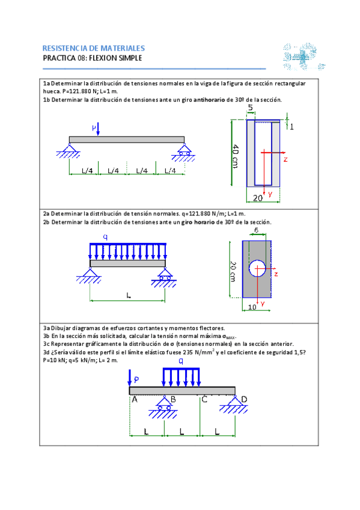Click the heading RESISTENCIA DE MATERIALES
coord(94,49)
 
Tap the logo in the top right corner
coord(304,57)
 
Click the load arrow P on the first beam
coord(98,129)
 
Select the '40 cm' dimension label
coord(235,156)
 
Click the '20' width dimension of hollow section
coord(258,198)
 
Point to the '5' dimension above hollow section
coord(250,108)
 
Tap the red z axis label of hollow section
coord(285,159)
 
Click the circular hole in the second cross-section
coord(257,268)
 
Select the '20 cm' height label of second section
coord(233,272)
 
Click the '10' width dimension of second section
coord(252,307)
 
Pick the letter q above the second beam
coord(105,237)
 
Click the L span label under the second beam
coord(129,295)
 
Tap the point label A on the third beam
coord(135,399)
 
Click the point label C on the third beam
coord(204,399)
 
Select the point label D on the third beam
coord(245,399)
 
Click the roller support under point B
coord(163,407)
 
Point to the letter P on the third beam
coord(136,379)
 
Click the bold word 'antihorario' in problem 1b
coord(209,100)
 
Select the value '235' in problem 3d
coord(188,352)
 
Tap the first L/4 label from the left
coord(87,171)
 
